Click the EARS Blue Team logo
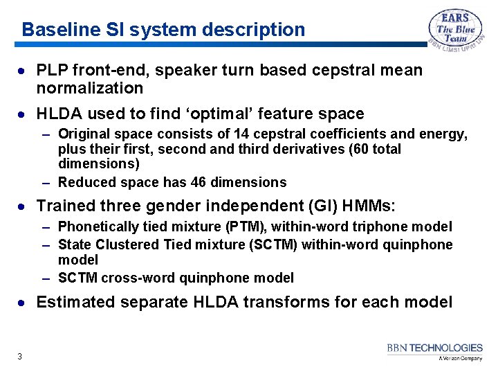[454, 30]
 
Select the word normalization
[90, 88]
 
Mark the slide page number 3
[19, 357]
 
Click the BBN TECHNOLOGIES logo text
[434, 348]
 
